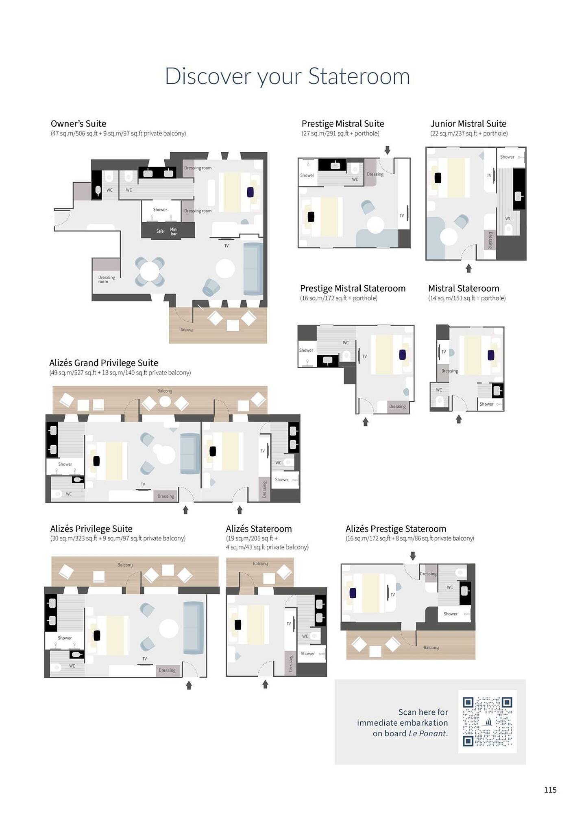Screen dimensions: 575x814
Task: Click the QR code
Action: [487, 722]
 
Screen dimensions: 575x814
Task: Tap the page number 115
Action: [550, 790]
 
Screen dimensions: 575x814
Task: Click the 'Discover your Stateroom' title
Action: [287, 76]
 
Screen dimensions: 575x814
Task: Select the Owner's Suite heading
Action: [78, 123]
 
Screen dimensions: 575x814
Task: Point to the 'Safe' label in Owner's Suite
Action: [160, 231]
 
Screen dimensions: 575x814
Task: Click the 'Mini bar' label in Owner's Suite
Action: [174, 232]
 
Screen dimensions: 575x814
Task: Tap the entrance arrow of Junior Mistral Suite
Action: [468, 268]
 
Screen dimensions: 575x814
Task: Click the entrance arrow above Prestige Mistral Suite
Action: [387, 150]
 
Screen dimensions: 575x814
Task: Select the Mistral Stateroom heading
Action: [464, 288]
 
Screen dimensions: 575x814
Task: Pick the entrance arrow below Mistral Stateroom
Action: [459, 419]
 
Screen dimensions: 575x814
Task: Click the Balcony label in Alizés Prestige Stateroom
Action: [431, 648]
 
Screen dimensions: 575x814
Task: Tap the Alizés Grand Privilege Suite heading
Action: [104, 363]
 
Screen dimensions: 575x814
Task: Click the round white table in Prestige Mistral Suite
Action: [375, 225]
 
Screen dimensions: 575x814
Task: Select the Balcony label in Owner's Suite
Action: [186, 330]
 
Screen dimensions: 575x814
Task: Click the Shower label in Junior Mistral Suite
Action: [507, 157]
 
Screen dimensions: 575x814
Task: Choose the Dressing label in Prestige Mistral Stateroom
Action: [397, 406]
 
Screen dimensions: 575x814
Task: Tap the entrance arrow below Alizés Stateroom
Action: [265, 685]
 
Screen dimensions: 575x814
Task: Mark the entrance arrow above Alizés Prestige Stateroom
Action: [413, 556]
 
